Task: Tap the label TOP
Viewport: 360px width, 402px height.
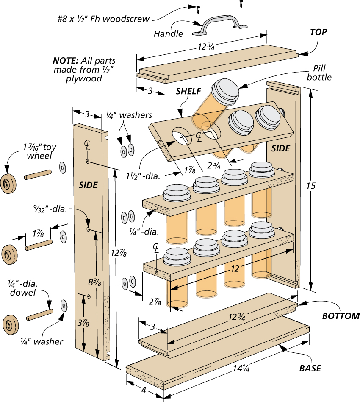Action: (318, 32)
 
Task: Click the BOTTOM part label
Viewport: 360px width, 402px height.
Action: (341, 316)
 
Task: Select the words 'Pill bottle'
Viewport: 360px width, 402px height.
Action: (319, 73)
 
